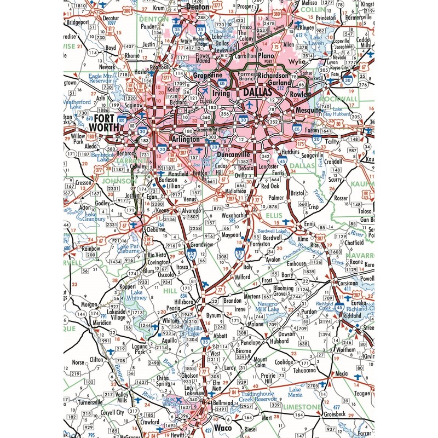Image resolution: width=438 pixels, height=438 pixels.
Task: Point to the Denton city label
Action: click(199, 7)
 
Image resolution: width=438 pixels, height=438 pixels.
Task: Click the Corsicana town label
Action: click(348, 285)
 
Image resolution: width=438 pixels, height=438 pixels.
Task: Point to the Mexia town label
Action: click(341, 373)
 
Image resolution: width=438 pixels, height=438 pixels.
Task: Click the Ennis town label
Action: click(310, 225)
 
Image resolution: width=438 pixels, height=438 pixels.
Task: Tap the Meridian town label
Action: click(88, 323)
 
